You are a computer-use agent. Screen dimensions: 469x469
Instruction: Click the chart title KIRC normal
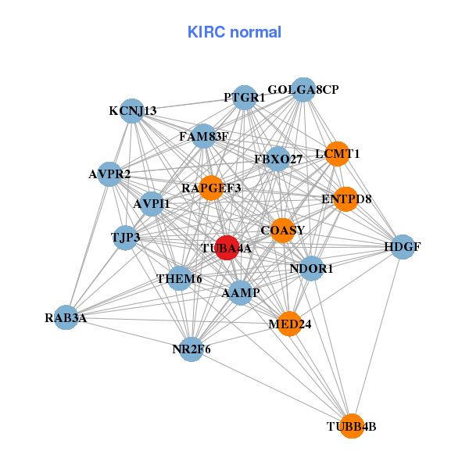(x=234, y=32)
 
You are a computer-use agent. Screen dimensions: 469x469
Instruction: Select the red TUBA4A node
(x=227, y=248)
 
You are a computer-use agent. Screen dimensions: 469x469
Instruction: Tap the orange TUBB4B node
(x=352, y=426)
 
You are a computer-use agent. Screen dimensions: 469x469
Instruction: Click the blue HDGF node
(x=403, y=247)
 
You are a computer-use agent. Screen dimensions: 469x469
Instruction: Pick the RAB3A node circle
(x=66, y=317)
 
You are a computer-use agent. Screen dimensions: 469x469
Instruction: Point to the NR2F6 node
(x=192, y=349)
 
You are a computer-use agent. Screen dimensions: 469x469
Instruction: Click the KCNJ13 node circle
(x=133, y=111)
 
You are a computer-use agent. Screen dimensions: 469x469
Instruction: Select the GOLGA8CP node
(x=303, y=90)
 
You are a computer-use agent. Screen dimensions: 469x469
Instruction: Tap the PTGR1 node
(x=245, y=98)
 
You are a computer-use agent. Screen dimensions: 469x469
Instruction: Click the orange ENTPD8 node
(x=345, y=199)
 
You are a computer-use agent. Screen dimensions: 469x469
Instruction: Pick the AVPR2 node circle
(x=109, y=174)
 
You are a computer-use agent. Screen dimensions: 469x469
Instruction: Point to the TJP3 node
(x=125, y=237)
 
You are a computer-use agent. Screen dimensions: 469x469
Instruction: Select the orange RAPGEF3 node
(x=211, y=188)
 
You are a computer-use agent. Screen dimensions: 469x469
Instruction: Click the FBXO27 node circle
(x=278, y=159)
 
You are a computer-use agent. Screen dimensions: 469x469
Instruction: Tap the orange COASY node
(x=282, y=230)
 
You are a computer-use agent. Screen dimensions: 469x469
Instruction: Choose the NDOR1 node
(x=311, y=268)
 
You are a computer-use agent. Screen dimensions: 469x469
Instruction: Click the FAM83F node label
(x=203, y=137)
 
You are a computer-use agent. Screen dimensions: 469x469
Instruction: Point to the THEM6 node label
(x=179, y=278)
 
